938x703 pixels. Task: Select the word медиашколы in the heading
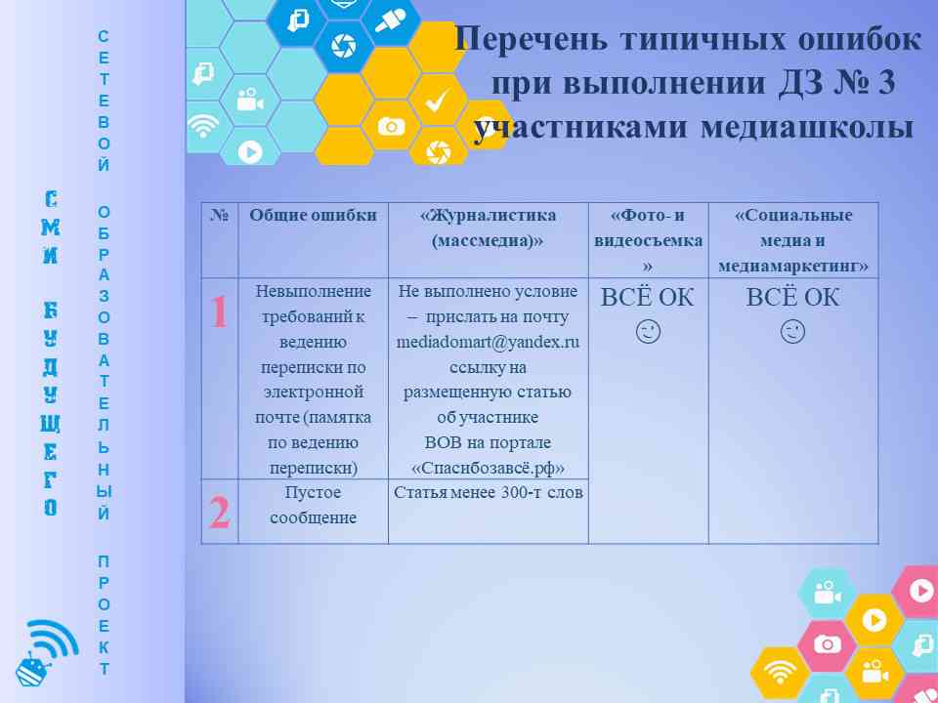(807, 127)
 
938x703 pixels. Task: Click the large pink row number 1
(220, 311)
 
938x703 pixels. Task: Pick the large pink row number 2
(220, 513)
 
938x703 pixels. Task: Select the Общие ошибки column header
(313, 215)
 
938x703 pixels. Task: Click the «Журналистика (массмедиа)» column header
(488, 227)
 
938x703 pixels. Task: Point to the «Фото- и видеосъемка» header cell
(648, 240)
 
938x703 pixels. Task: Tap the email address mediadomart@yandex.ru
(488, 342)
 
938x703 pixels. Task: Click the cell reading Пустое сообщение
(313, 505)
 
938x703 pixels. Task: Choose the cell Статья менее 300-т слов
(489, 492)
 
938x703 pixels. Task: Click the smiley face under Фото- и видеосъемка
(648, 332)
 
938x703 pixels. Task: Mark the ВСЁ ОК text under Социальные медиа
(792, 298)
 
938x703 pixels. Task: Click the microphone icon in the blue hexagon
(391, 21)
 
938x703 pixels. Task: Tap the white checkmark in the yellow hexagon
(438, 101)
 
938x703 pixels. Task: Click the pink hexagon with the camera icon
(828, 644)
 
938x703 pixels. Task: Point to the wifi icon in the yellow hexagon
(779, 673)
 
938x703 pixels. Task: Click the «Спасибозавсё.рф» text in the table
(488, 468)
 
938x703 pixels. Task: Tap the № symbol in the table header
(220, 215)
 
